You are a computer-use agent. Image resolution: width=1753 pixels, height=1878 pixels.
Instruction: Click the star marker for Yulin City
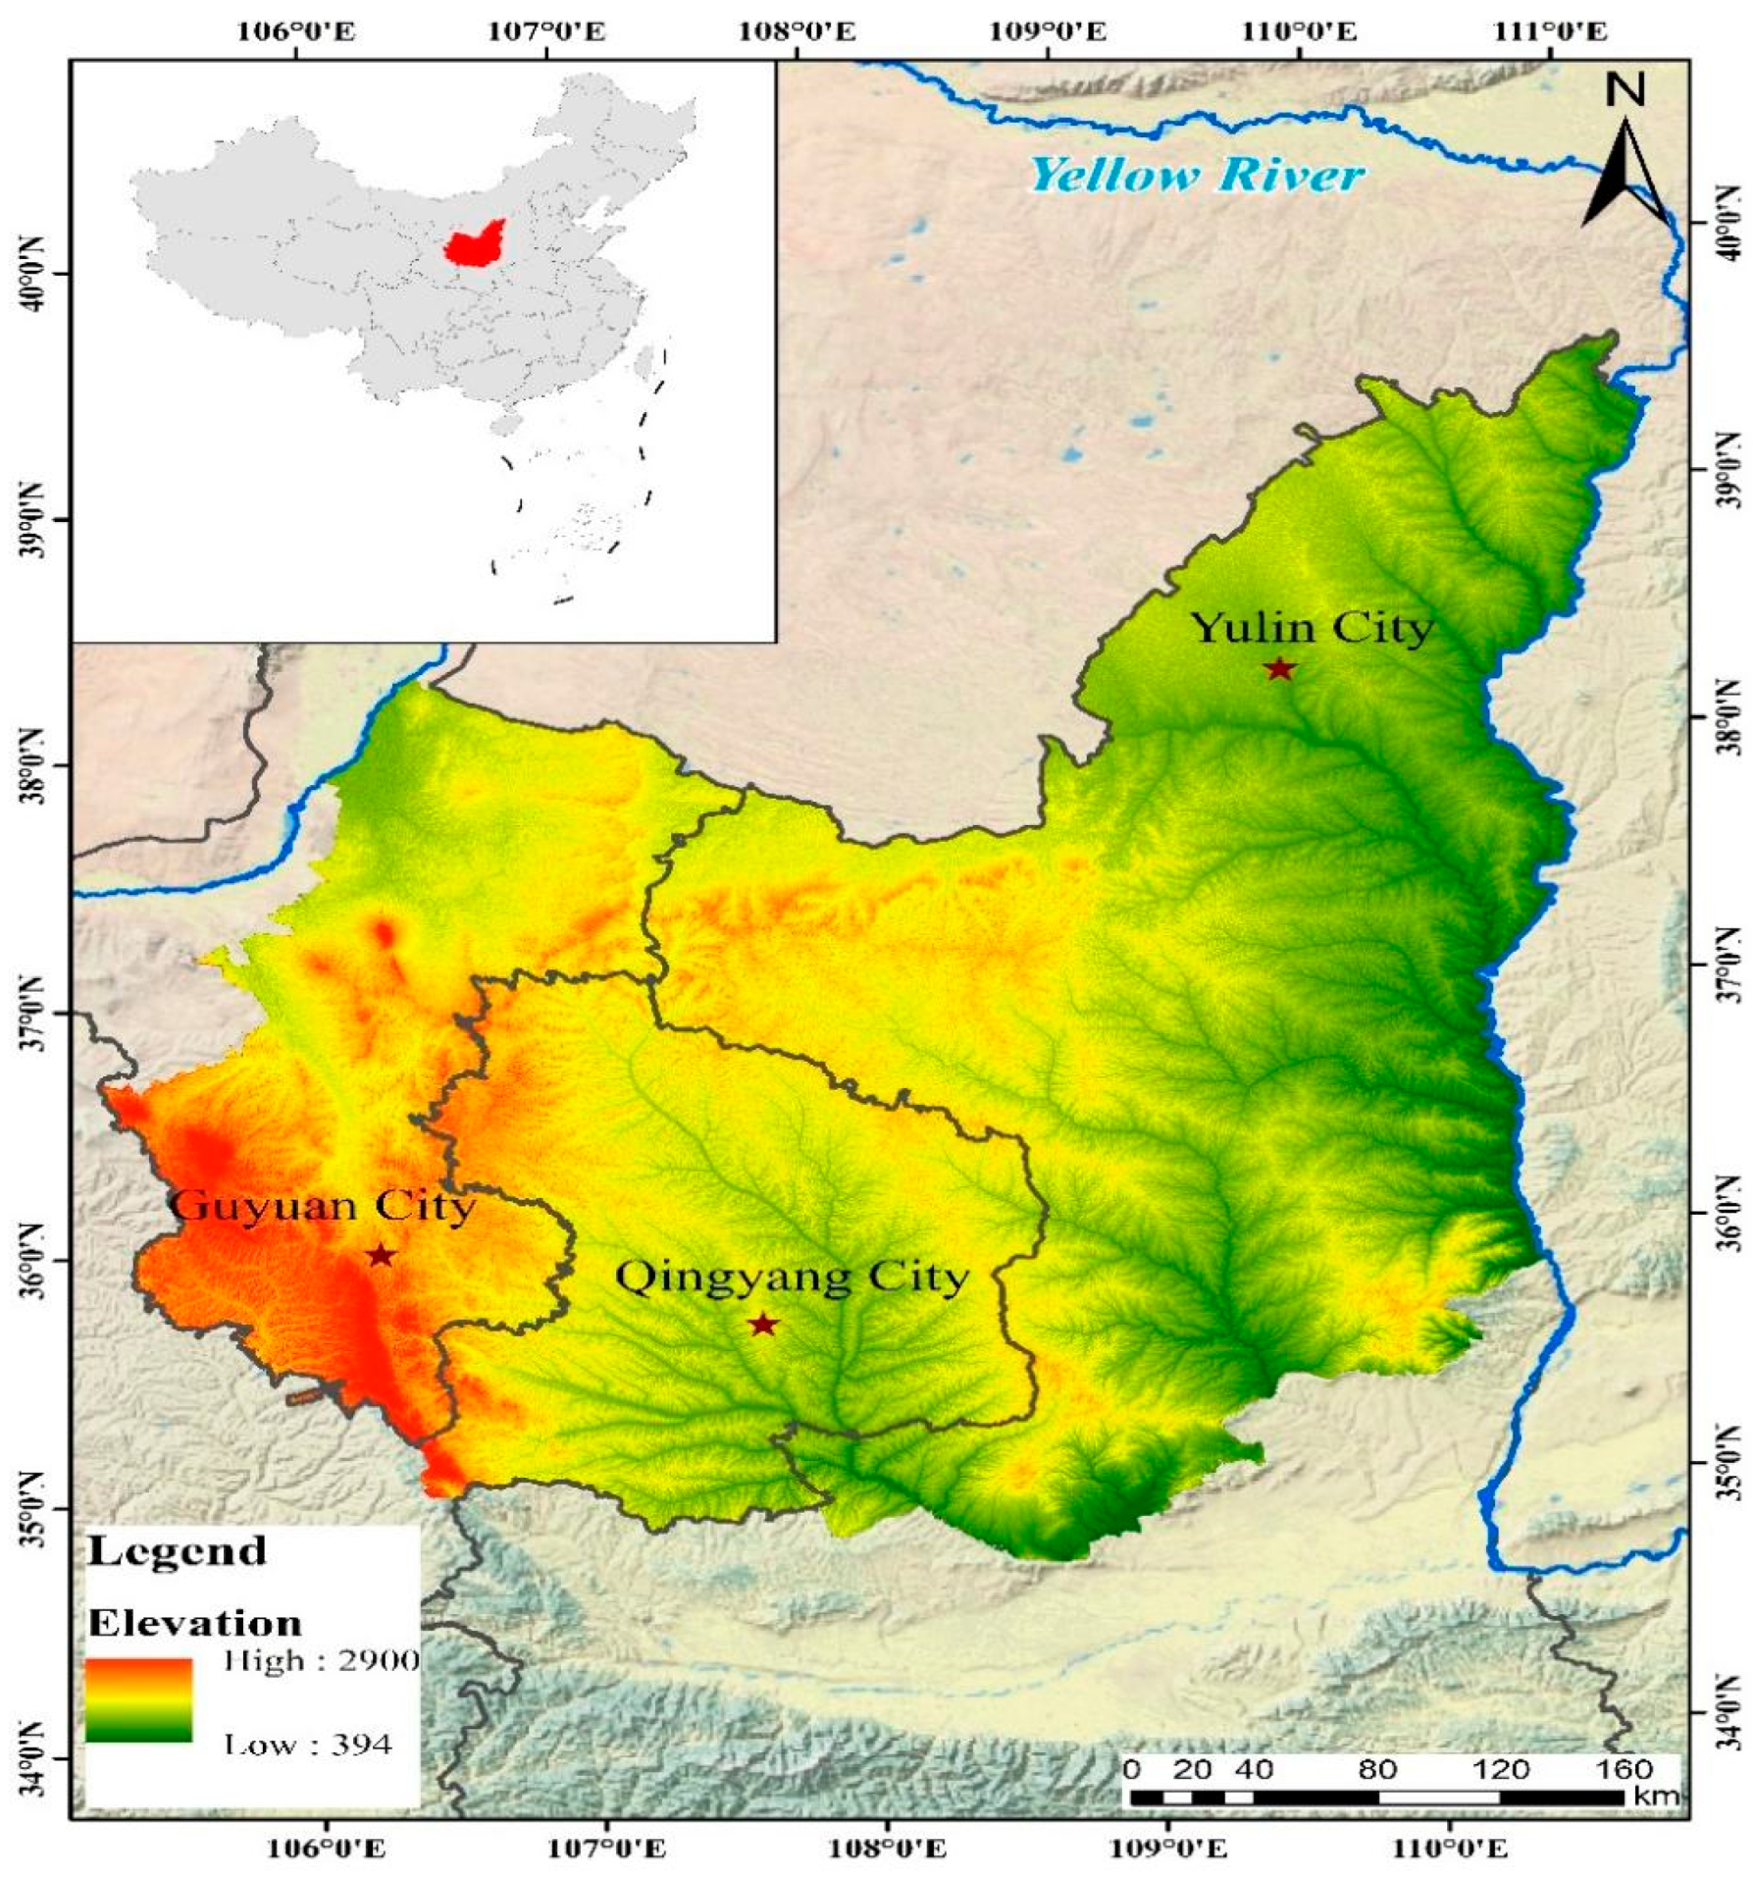(1279, 669)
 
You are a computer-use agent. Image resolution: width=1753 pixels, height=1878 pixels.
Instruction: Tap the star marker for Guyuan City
(381, 1256)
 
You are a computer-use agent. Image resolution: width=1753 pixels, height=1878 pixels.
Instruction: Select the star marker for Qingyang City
(763, 1326)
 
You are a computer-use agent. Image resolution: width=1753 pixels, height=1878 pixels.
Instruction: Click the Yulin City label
(1312, 628)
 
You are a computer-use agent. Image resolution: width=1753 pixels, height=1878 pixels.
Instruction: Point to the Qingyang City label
(792, 1278)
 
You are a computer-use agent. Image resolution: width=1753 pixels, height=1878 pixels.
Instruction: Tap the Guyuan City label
(322, 1206)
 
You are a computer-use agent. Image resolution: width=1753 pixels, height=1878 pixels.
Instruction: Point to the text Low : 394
(308, 1744)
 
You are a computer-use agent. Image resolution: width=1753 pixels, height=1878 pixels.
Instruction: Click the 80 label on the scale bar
(1377, 1769)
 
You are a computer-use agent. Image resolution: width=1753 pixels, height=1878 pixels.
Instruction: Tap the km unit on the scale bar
(1657, 1797)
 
